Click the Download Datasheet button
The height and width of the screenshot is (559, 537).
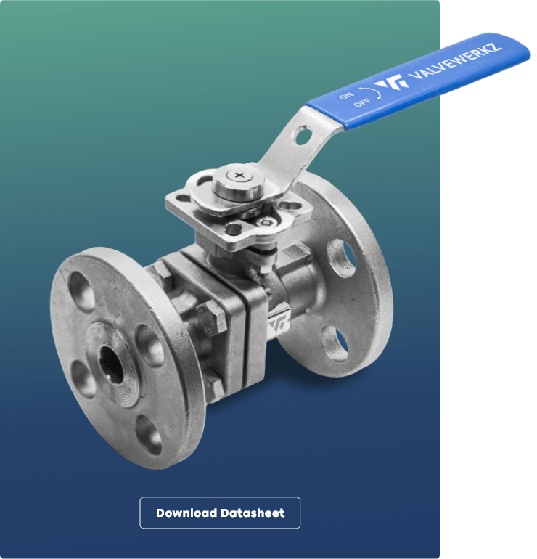[220, 513]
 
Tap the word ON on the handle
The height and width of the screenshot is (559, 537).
[346, 95]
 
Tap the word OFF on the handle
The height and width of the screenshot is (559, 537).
[362, 102]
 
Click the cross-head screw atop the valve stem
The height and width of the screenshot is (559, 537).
[239, 175]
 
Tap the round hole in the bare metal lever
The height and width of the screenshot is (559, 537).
[303, 136]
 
